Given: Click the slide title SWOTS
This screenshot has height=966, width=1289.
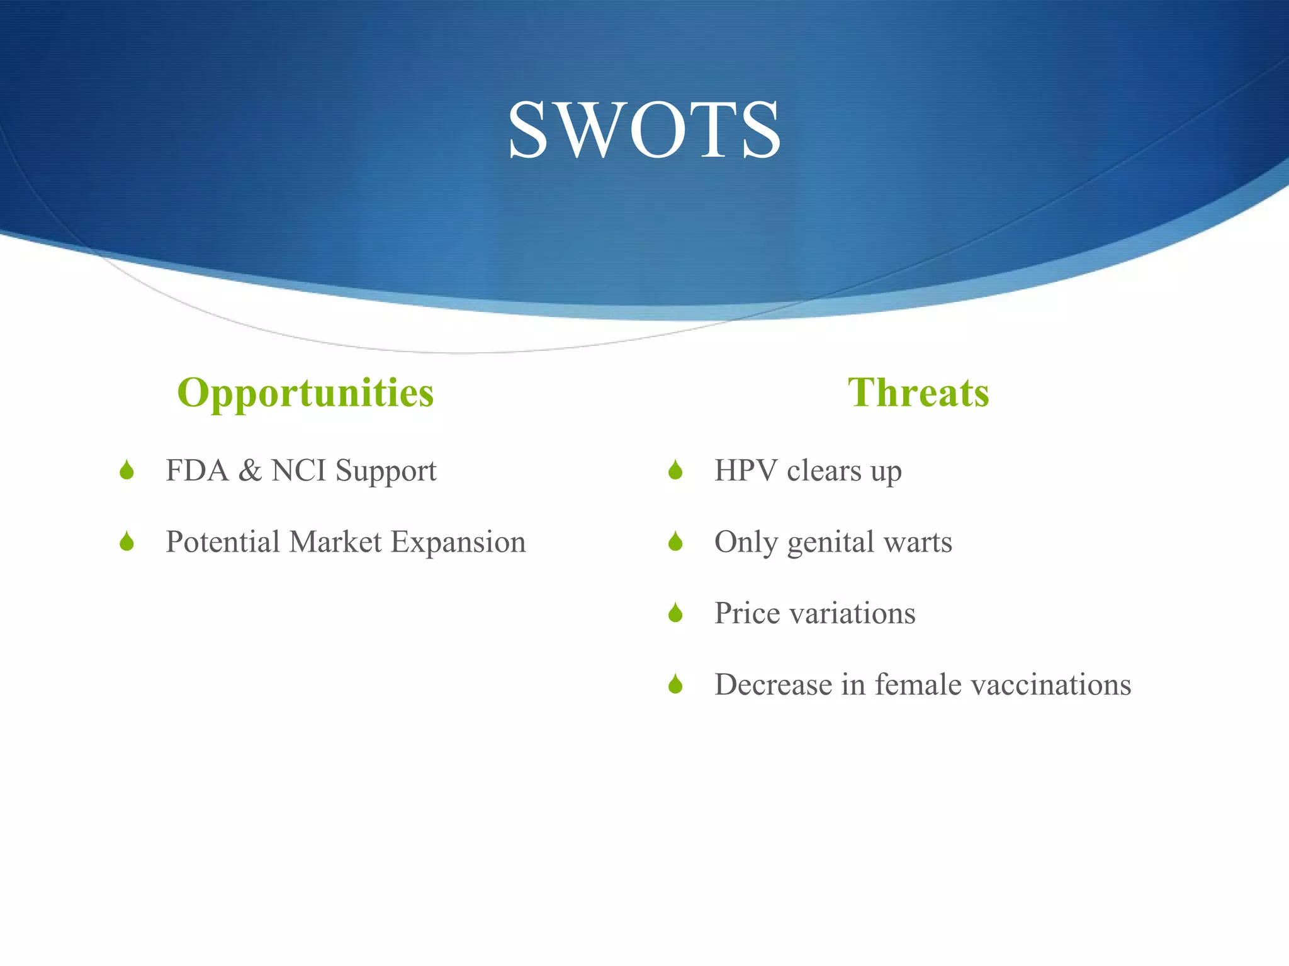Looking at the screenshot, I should (644, 130).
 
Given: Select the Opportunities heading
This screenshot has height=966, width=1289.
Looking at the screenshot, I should (305, 393).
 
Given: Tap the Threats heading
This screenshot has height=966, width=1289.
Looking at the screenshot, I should (918, 393).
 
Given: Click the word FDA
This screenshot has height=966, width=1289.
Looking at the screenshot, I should (197, 471).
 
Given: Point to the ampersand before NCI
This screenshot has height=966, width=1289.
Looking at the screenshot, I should (250, 471).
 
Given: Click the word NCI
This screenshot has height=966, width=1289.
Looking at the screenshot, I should (298, 471).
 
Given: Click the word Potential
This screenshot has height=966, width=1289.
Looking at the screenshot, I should (222, 542).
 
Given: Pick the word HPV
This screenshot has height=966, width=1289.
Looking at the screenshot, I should (745, 471).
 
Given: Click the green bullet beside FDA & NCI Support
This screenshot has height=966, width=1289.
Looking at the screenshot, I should (127, 470).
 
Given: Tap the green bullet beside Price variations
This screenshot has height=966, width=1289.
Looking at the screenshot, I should (676, 613).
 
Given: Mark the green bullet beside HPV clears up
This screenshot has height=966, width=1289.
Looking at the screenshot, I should (676, 470).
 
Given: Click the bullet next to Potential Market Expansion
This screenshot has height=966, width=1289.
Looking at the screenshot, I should (127, 541).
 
